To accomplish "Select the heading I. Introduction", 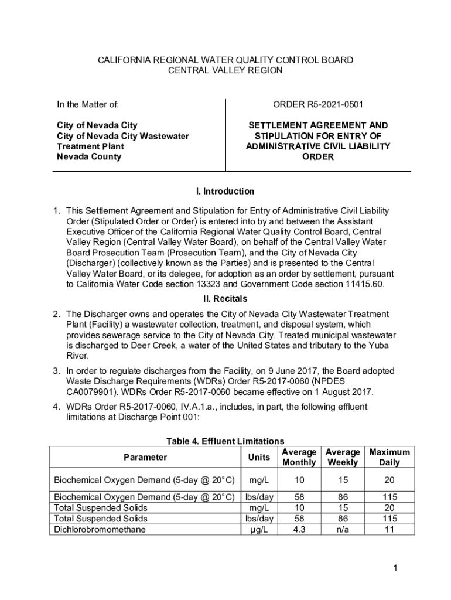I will click(225, 191).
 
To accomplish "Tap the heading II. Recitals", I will click(225, 299).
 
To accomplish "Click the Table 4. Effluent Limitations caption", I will click(225, 441).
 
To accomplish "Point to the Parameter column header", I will click(145, 457).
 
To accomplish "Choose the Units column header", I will click(258, 457).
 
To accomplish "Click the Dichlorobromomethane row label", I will click(100, 529).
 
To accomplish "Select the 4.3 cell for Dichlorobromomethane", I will click(299, 529).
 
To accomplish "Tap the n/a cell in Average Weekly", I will click(343, 529).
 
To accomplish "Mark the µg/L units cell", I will click(258, 529).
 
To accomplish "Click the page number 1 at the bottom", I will click(397, 568).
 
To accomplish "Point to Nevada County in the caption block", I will click(89, 156).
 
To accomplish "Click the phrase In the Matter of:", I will click(88, 105).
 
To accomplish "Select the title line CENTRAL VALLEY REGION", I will click(225, 70).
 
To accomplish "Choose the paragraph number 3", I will click(57, 371).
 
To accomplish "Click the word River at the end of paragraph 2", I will click(77, 355).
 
